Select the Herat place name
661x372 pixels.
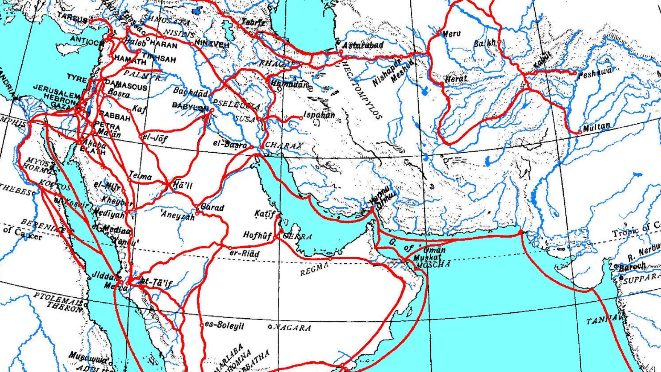tap(456, 79)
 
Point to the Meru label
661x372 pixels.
tap(451, 34)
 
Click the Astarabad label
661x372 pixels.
tap(363, 45)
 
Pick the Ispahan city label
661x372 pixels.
tap(319, 115)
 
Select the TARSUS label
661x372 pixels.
tap(72, 16)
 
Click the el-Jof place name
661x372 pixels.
tap(155, 138)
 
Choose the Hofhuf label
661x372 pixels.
tap(258, 235)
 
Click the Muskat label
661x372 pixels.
tap(427, 258)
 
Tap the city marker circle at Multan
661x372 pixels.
tap(580, 132)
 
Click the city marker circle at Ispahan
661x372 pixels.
tap(301, 118)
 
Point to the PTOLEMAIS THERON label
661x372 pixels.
tap(59, 302)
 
